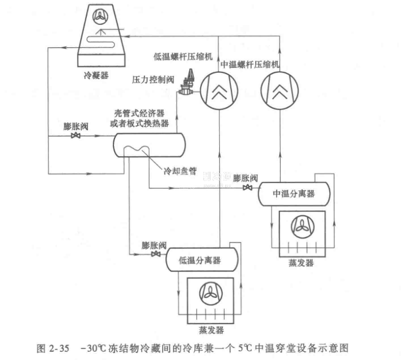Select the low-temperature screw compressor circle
pos(219,90)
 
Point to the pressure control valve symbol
pos(188,84)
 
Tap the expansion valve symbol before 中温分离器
pos(248,188)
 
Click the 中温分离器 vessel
pos(294,194)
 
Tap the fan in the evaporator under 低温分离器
pos(207,293)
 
